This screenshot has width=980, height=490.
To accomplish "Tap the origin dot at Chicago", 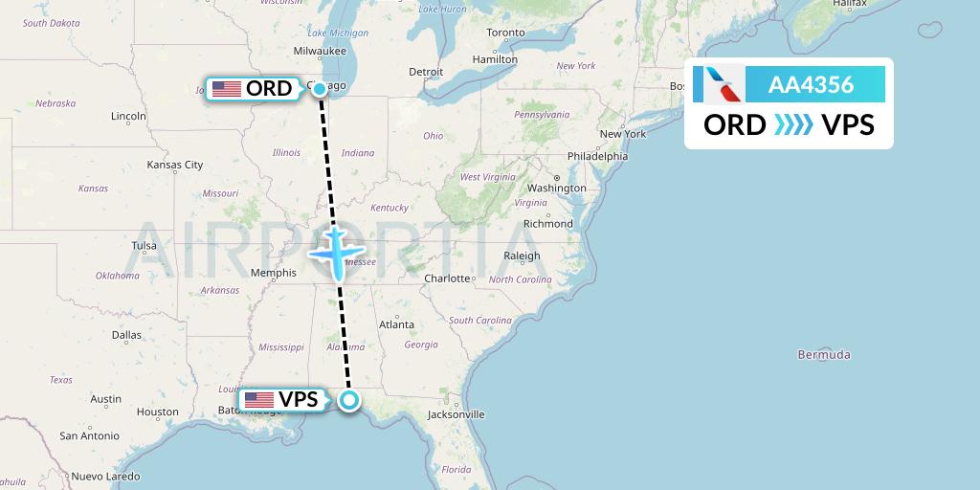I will point(320,89).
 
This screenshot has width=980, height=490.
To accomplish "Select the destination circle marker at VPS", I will point(350,400).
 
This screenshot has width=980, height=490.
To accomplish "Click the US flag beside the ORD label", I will point(227,89).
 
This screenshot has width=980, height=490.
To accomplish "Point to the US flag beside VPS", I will point(259,400).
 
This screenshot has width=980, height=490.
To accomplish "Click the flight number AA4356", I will point(811,84).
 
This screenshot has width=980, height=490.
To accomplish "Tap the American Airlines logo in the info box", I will point(724,84).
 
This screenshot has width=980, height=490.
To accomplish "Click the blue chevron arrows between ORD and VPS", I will point(793,125).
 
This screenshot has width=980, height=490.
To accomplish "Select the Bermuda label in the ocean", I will point(823,355).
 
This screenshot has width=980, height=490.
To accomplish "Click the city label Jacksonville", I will point(456,414).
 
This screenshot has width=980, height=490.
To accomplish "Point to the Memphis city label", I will point(273,273).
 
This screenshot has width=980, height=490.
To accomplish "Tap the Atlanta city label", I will point(396,324).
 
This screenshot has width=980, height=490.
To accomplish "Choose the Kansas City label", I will point(175,165).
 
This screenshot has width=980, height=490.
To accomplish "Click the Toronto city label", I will point(506,33).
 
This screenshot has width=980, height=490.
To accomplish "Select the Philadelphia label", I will point(597,156).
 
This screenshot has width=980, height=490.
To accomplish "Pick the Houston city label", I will point(157,412).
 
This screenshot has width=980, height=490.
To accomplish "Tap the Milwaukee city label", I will point(320,51).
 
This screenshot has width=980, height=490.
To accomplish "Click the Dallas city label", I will point(126,335).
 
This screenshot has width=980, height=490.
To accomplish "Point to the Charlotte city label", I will point(448,278).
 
